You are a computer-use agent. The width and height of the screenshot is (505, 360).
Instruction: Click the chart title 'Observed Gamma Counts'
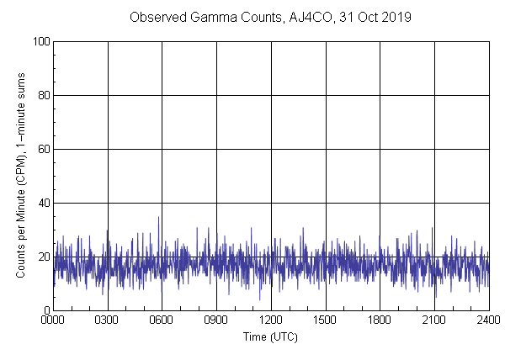198,17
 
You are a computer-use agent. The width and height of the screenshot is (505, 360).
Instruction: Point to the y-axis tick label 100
40,41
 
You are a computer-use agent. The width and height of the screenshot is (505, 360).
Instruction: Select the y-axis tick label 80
43,95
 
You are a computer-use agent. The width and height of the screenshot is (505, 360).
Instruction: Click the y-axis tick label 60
43,149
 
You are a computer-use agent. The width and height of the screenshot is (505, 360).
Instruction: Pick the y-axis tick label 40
43,203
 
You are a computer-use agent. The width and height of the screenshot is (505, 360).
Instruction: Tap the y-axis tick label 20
43,257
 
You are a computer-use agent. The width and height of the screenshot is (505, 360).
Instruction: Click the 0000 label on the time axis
53,320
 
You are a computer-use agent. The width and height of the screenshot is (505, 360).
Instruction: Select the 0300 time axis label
108,320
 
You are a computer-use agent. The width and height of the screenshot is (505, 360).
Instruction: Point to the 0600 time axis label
162,320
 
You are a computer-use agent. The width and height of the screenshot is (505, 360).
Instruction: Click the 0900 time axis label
216,320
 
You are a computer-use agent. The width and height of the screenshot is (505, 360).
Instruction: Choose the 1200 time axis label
271,320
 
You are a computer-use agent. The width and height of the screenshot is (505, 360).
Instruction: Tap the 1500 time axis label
325,320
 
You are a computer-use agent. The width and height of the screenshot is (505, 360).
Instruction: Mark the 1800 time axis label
380,320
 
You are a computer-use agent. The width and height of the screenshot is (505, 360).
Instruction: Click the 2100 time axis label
434,320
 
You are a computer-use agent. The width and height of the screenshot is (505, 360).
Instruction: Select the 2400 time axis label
488,320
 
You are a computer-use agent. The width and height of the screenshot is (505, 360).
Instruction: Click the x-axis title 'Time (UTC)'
270,336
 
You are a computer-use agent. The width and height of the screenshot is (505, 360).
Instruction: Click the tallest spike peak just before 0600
158,217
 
